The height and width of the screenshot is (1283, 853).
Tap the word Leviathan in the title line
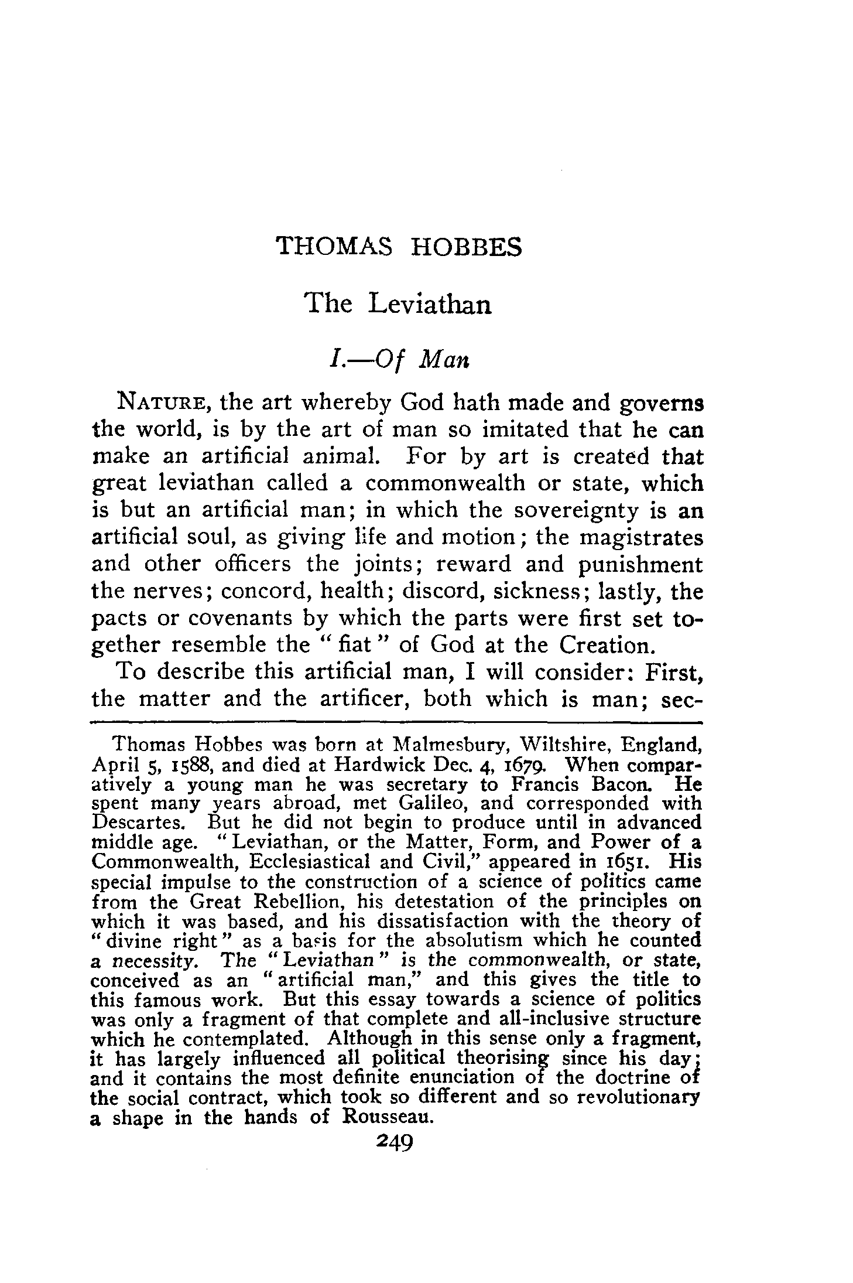pyautogui.click(x=430, y=303)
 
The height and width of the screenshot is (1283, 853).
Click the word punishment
pyautogui.click(x=640, y=564)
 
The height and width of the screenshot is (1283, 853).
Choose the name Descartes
pyautogui.click(x=139, y=823)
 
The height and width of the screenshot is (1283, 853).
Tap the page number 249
pyautogui.click(x=396, y=1139)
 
